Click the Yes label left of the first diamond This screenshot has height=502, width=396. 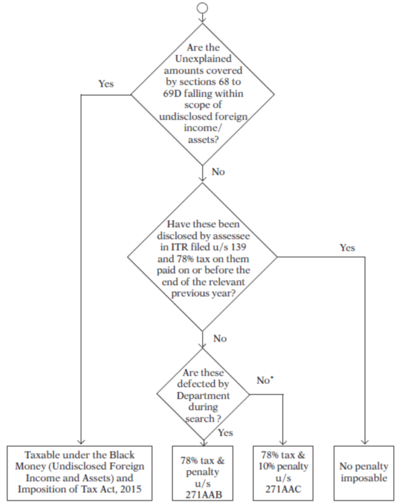106,84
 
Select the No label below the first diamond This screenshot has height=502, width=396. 218,172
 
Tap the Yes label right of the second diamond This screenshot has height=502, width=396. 347,248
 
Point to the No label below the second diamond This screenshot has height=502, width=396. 220,338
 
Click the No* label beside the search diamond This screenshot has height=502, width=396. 265,380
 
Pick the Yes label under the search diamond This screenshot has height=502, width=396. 225,433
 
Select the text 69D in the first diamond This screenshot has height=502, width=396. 173,93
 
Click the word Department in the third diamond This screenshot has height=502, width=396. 202,396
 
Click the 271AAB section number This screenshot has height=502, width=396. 202,494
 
